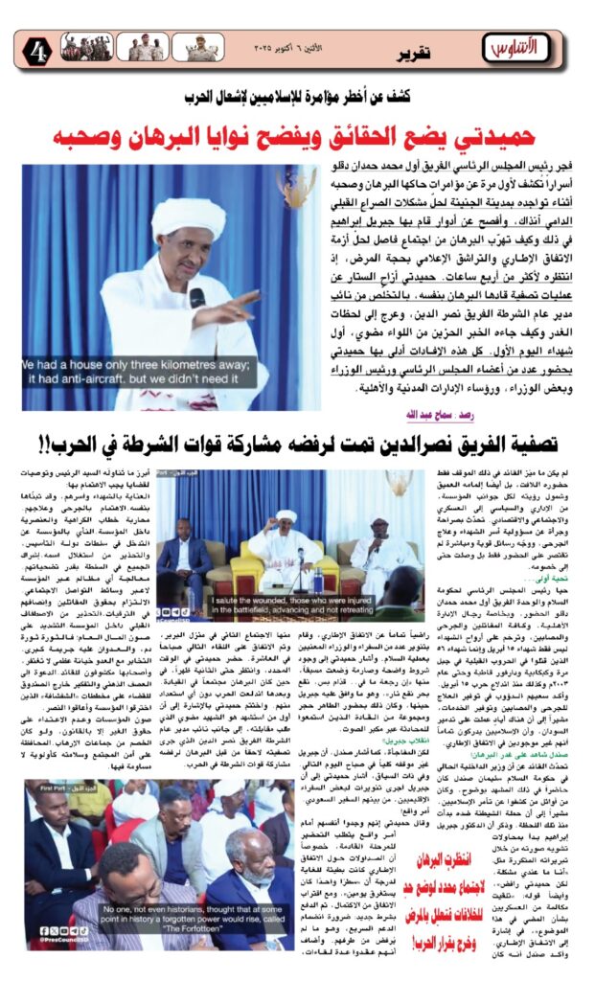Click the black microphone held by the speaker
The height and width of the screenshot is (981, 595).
[x=196, y=299]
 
